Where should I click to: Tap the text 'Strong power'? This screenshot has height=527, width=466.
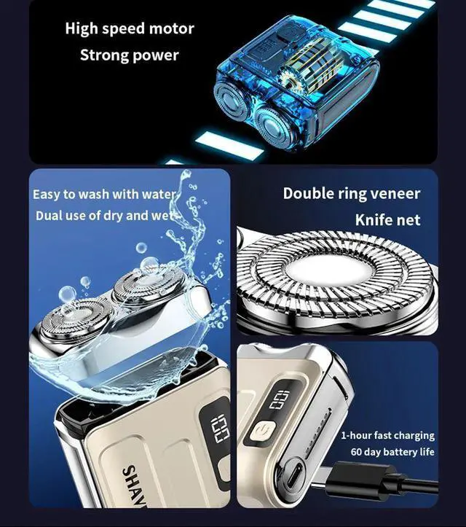point(129,55)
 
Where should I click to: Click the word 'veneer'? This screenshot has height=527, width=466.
point(393,193)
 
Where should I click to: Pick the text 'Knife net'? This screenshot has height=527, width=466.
point(387,219)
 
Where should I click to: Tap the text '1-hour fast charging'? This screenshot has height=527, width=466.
point(387,435)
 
